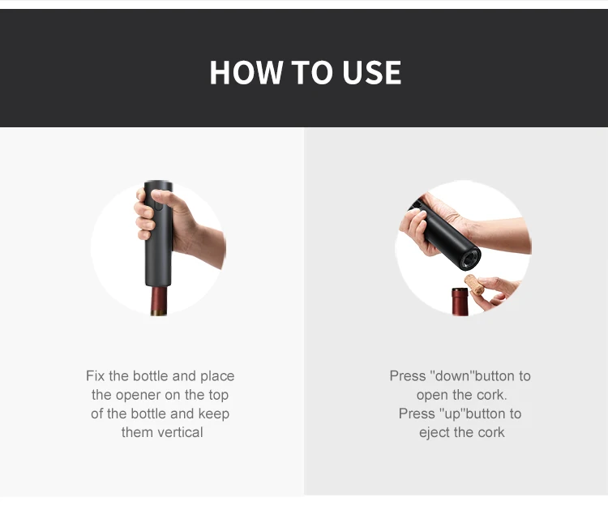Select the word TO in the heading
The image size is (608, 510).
(x=310, y=73)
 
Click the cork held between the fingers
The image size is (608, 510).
(x=475, y=285)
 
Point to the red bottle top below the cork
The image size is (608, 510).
(x=460, y=302)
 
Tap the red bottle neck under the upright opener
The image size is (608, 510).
(x=158, y=302)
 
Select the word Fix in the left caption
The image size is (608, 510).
(x=96, y=376)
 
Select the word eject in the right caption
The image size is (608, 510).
(x=436, y=432)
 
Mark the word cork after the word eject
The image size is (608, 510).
(x=490, y=432)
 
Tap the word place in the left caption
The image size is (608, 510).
(x=216, y=376)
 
